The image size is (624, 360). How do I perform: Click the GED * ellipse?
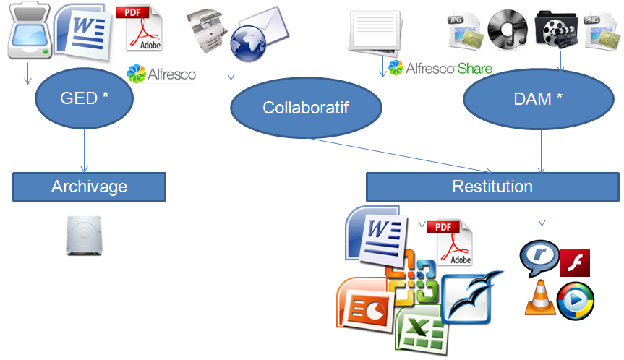click(x=85, y=98)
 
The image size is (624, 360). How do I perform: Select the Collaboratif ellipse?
click(x=306, y=108)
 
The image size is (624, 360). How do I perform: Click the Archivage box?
click(x=89, y=187)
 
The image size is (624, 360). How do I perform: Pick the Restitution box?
click(x=492, y=187)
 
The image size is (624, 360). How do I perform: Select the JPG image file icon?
click(x=463, y=33)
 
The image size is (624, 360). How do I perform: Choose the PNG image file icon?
click(x=599, y=33)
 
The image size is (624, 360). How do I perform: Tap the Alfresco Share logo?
click(x=440, y=69)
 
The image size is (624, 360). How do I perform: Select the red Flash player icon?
click(x=576, y=262)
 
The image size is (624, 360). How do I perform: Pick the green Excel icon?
click(x=418, y=330)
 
